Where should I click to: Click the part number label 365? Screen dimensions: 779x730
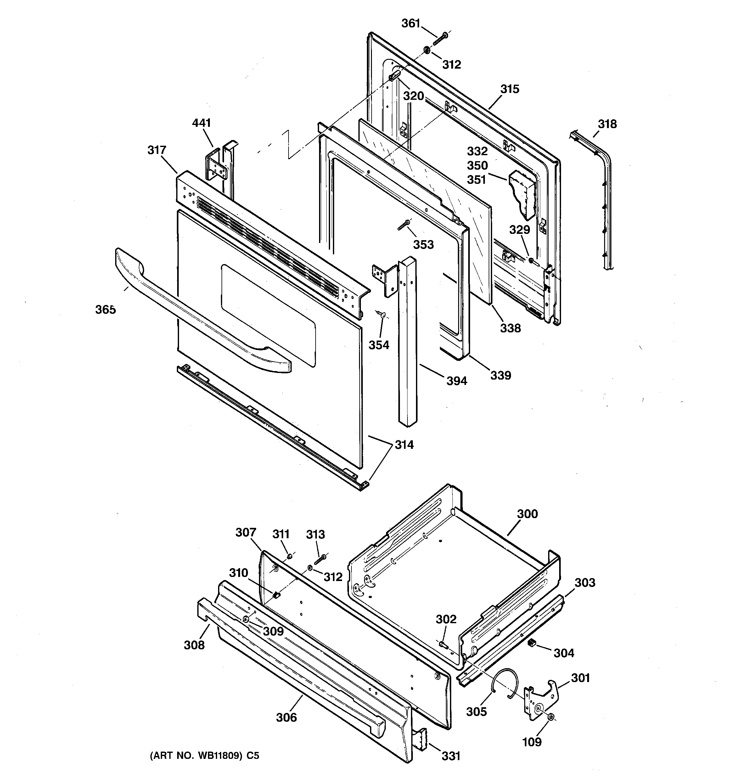tap(105, 310)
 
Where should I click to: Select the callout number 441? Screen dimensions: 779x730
tap(201, 123)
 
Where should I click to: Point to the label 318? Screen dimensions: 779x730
tap(607, 124)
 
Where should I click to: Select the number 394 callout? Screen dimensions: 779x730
tap(457, 381)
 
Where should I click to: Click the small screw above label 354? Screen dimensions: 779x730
tap(382, 314)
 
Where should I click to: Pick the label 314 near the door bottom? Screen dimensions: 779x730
tap(404, 445)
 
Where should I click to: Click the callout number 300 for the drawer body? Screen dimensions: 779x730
tap(527, 514)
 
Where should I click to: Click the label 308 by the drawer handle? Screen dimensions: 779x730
tap(194, 645)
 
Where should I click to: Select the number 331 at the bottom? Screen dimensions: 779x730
tap(451, 756)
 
